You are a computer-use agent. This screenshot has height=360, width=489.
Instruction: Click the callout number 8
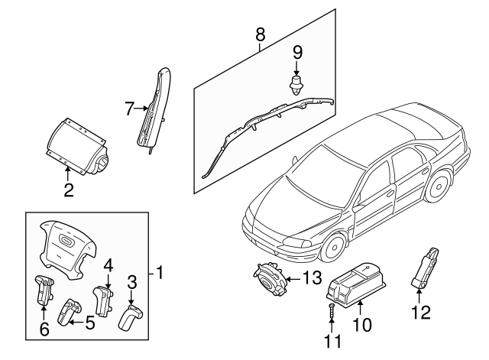click(x=260, y=34)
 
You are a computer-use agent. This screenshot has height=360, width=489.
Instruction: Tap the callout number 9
click(x=298, y=52)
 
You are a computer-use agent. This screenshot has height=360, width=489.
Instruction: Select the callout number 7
click(x=129, y=109)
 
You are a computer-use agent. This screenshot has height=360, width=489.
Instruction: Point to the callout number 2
click(x=68, y=190)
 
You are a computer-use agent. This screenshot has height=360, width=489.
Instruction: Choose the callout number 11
click(x=331, y=340)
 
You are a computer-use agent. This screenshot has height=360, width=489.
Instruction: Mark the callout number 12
click(x=421, y=312)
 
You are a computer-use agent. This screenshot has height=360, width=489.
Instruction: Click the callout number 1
click(x=160, y=271)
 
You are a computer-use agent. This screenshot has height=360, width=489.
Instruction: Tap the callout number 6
click(x=44, y=330)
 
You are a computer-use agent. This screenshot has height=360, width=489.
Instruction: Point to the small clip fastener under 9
click(x=295, y=84)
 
